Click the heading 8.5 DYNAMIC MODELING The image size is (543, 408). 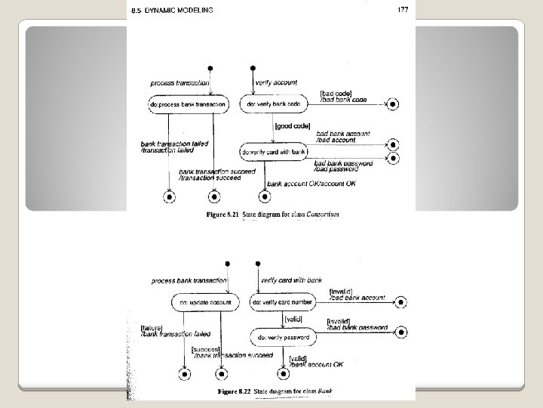(170, 10)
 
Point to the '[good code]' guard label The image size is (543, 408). (290, 127)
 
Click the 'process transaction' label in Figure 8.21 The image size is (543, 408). (178, 82)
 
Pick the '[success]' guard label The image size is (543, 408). (205, 348)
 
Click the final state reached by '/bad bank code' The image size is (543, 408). (391, 104)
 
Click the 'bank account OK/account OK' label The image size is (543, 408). (311, 184)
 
